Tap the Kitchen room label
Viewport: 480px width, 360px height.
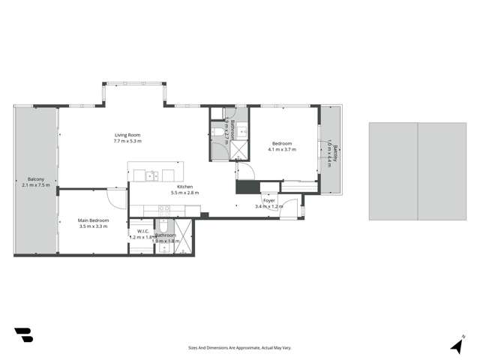(x=185, y=187)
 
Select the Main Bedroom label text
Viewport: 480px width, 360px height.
(x=94, y=220)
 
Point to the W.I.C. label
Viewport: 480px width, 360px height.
(x=142, y=230)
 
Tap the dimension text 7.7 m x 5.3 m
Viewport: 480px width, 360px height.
(x=127, y=141)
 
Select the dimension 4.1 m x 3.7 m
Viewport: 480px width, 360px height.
(x=282, y=149)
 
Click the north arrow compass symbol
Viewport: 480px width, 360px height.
(x=456, y=344)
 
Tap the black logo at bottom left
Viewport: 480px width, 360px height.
(x=23, y=335)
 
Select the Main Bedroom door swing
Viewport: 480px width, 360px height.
(x=116, y=198)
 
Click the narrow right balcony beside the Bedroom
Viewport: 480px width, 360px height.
(x=331, y=150)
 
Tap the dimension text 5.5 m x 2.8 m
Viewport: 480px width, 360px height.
(x=185, y=193)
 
